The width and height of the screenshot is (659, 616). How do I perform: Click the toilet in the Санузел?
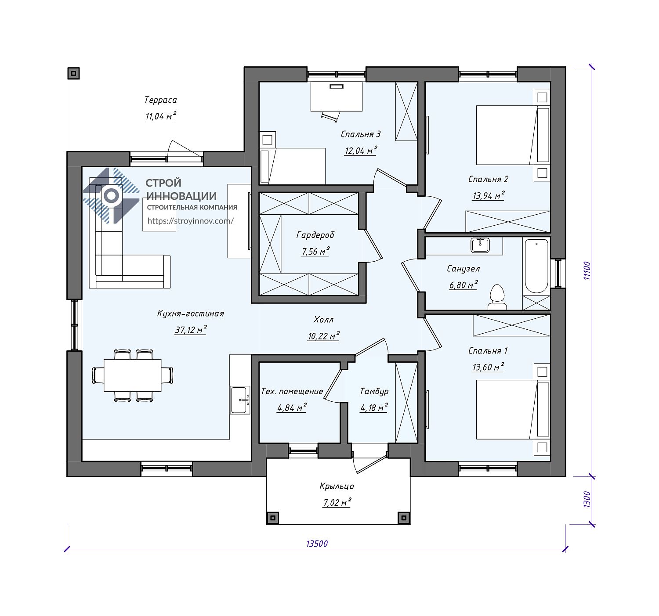click(497, 296)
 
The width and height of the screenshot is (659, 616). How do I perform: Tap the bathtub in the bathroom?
click(536, 267)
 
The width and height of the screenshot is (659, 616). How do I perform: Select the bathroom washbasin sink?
click(480, 245)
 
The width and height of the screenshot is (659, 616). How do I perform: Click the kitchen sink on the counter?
click(240, 400)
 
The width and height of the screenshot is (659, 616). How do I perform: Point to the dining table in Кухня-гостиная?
click(132, 375)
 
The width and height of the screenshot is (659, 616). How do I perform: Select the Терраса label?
click(161, 100)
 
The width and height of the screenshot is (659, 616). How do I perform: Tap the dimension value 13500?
click(317, 544)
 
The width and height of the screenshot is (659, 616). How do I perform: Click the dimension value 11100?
click(587, 270)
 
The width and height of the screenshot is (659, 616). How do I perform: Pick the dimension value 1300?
click(587, 499)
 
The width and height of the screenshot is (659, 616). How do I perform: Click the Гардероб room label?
click(315, 235)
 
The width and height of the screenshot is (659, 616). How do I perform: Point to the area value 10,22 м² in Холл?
click(323, 336)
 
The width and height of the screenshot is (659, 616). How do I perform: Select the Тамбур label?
click(374, 392)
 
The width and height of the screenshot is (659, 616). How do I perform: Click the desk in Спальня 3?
click(337, 97)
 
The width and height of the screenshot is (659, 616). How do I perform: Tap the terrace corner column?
click(74, 73)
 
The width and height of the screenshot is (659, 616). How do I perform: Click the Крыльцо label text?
click(337, 486)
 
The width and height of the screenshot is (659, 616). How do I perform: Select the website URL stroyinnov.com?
click(191, 221)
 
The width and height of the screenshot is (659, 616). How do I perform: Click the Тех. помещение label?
click(292, 392)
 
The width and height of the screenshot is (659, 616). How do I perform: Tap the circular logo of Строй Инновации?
click(111, 196)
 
